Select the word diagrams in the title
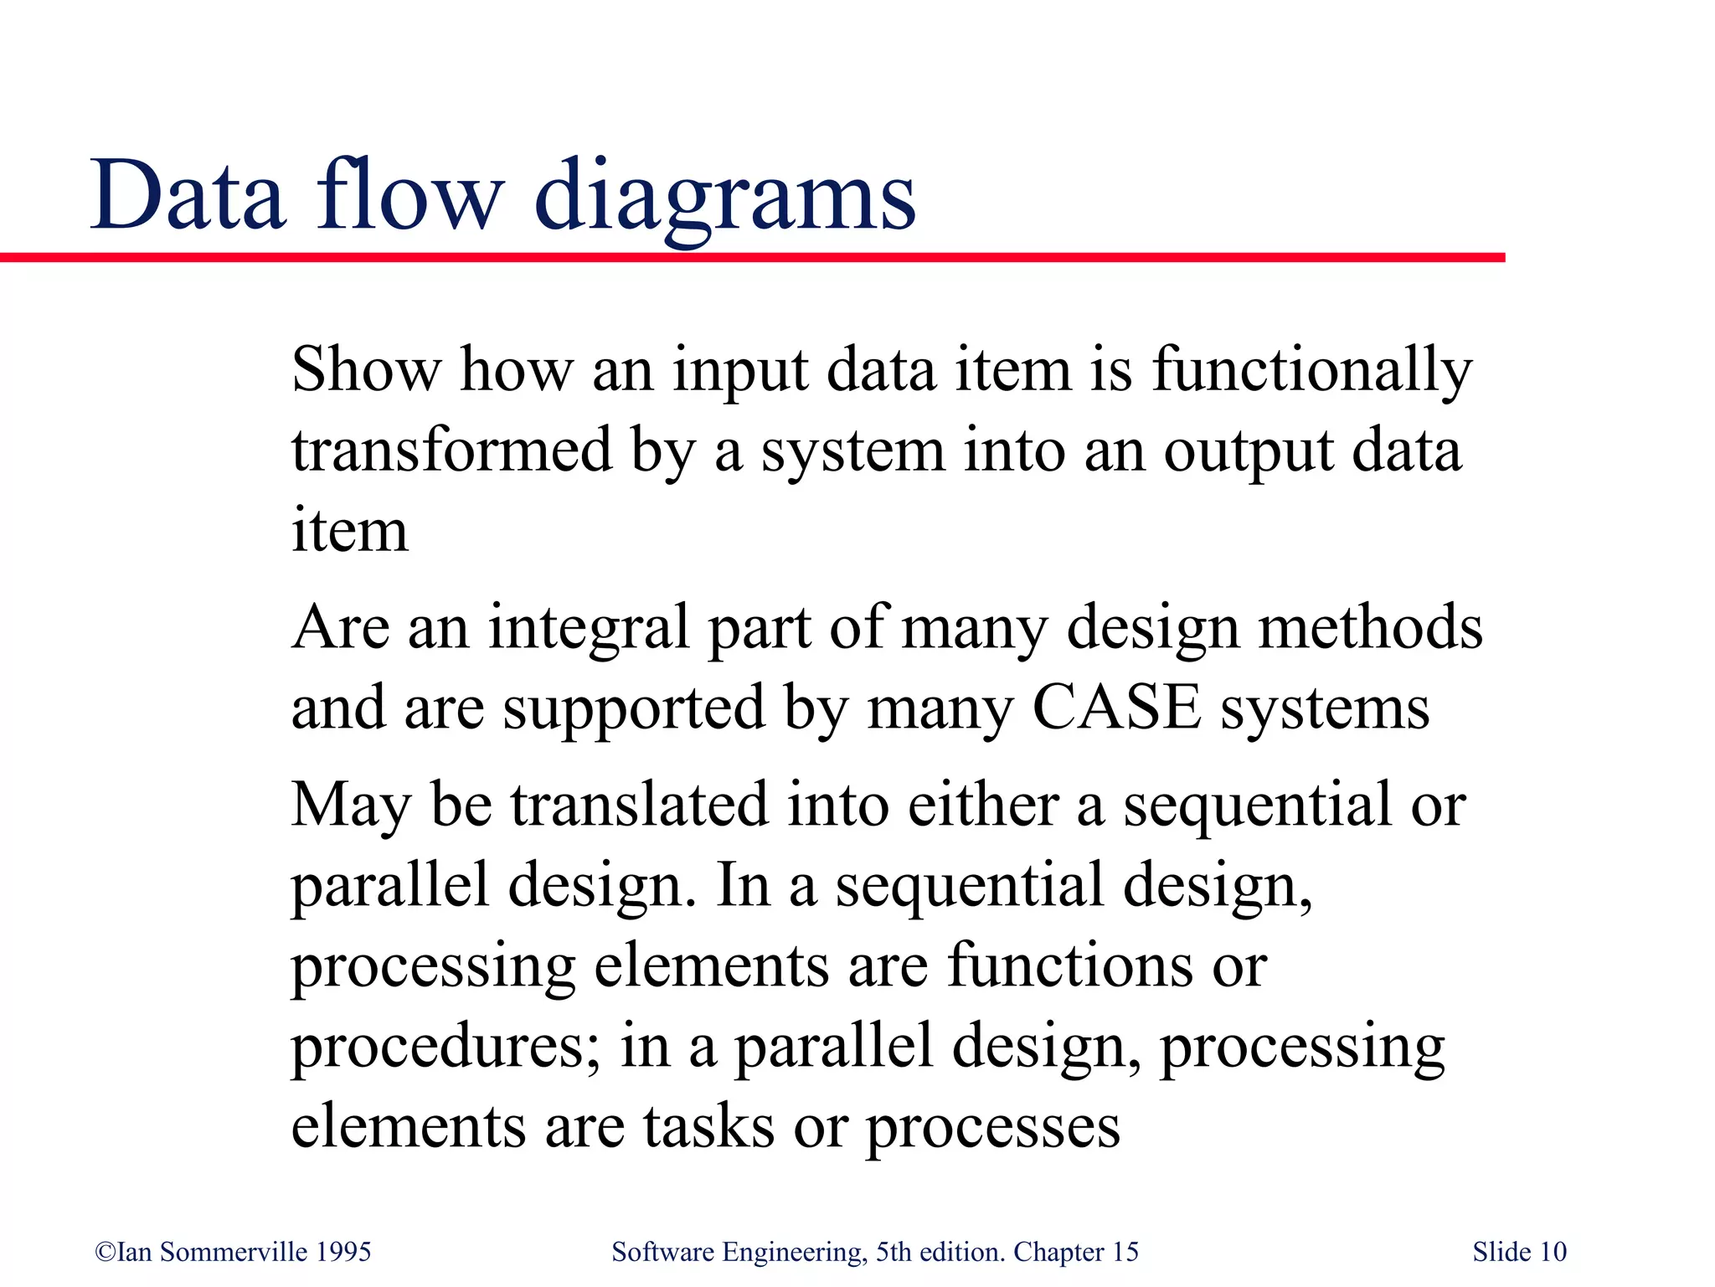point(724,198)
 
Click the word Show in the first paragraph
point(366,369)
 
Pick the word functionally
point(1311,371)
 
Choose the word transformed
point(452,450)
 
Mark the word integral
point(589,628)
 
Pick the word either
point(983,804)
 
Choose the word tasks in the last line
point(708,1126)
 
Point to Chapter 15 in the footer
point(1075,1252)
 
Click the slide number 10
point(1553,1252)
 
